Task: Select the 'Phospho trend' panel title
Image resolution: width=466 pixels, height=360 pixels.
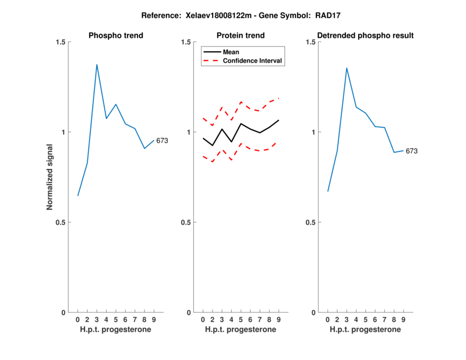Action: point(116,36)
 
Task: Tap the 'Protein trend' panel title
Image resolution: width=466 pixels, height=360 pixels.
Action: point(241,36)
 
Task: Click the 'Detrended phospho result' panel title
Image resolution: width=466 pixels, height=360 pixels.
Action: point(366,36)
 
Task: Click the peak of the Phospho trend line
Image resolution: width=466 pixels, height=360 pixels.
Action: point(97,64)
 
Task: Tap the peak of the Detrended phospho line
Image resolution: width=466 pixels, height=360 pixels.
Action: point(347,68)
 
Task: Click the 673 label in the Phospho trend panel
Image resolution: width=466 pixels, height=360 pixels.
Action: point(162,140)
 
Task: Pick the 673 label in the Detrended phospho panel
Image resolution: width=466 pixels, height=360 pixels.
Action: point(412,151)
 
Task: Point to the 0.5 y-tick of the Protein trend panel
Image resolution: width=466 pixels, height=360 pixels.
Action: point(186,222)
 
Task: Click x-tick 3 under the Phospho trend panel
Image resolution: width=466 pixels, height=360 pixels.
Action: point(97,319)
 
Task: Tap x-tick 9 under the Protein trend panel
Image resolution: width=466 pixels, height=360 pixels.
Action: point(278,319)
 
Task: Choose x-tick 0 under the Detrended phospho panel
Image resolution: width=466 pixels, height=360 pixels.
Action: point(327,319)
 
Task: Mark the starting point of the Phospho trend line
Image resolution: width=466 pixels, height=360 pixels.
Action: point(77,196)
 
